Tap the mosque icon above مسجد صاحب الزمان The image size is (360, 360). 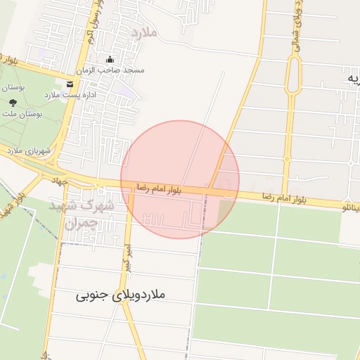coord(109,59)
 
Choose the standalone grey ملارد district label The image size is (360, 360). coord(146,32)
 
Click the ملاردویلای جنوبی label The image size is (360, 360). coord(120,295)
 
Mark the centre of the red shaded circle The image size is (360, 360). coord(180,179)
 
